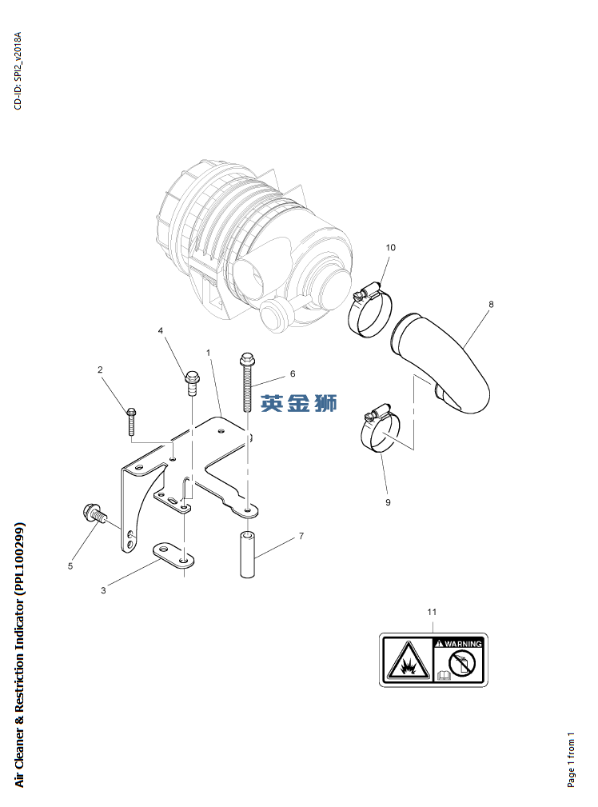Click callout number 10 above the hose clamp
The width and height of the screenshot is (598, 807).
[391, 248]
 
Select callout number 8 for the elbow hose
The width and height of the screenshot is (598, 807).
[491, 304]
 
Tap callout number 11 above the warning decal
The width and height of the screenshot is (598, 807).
[432, 612]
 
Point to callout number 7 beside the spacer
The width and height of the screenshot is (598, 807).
[301, 536]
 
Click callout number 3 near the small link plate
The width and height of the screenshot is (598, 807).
[103, 590]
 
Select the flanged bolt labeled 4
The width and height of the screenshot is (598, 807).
[192, 383]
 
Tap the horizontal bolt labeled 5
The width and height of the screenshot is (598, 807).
[94, 514]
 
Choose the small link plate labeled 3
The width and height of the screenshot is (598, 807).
[173, 555]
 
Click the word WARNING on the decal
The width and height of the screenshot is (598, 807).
[463, 644]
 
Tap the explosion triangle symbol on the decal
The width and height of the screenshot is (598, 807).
[409, 661]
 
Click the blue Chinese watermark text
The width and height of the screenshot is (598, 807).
[298, 403]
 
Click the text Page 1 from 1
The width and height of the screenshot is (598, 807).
[571, 760]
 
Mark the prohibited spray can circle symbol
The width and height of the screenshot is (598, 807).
[461, 662]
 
